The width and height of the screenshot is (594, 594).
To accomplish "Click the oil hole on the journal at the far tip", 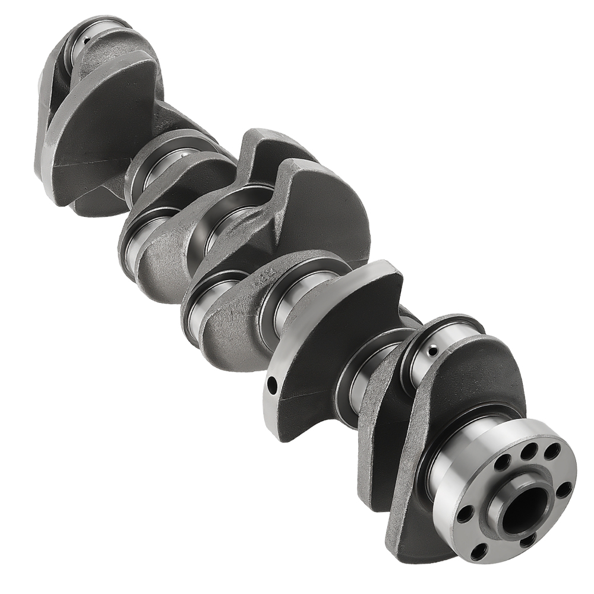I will click(87, 40).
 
